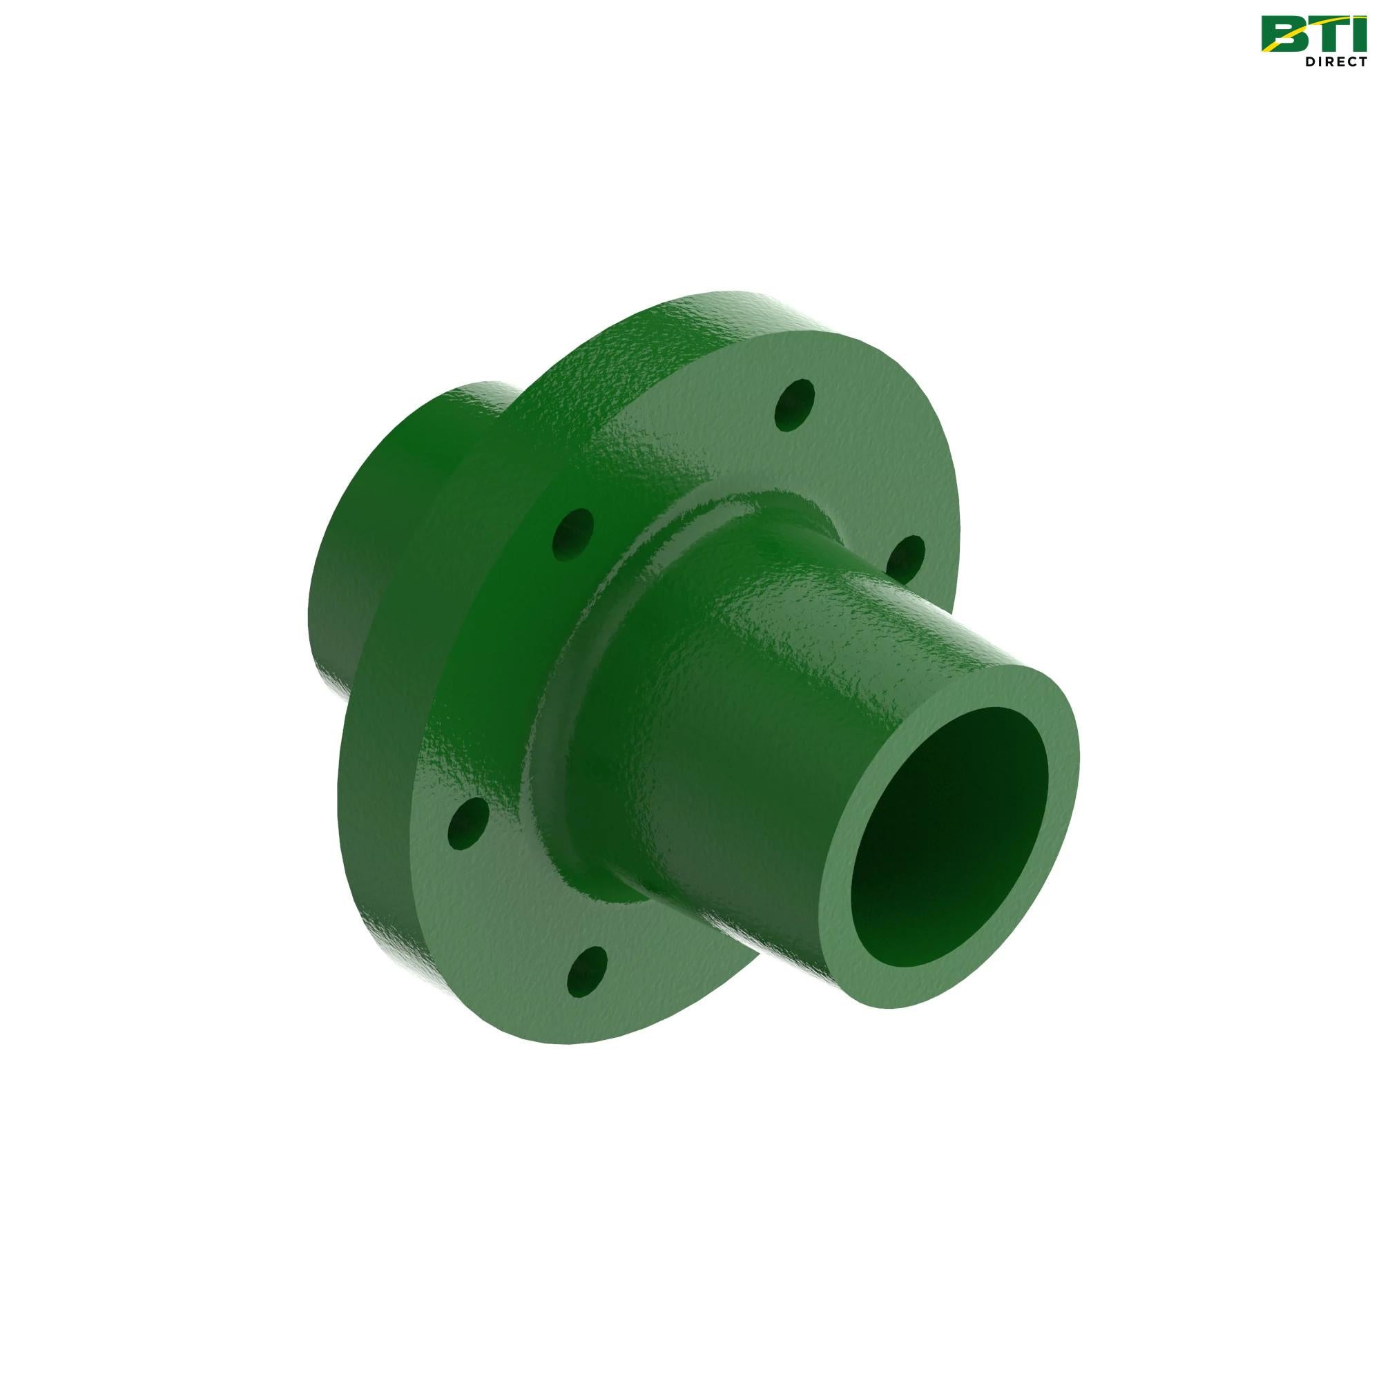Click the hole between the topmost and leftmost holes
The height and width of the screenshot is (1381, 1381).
point(574,530)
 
